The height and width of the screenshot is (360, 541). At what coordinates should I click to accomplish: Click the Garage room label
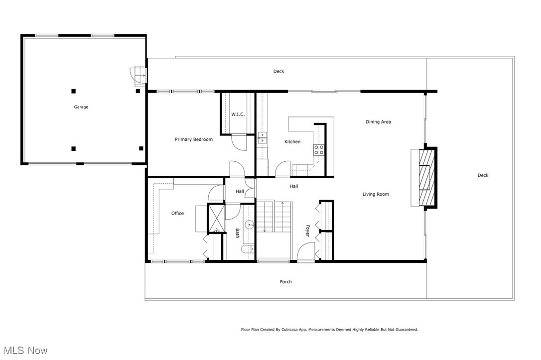click(81, 107)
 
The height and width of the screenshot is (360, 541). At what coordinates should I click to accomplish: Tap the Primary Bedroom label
click(193, 139)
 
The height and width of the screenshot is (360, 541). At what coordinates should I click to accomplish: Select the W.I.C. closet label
click(237, 115)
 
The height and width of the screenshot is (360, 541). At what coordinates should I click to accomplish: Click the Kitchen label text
click(292, 142)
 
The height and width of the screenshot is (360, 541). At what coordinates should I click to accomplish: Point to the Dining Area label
click(378, 122)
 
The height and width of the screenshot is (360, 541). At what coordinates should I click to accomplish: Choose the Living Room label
click(376, 194)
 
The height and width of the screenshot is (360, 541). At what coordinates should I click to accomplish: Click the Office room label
click(177, 214)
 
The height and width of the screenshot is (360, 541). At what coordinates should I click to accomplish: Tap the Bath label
click(238, 233)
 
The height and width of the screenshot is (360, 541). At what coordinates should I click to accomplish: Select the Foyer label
click(308, 230)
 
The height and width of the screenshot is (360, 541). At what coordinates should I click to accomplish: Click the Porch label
click(285, 282)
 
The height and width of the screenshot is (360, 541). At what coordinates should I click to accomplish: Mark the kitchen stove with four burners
click(319, 150)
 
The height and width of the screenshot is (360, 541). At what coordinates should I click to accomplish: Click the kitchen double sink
click(262, 138)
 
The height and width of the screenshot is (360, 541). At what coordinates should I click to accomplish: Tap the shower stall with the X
click(216, 218)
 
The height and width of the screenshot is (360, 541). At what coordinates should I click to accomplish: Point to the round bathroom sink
click(250, 225)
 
